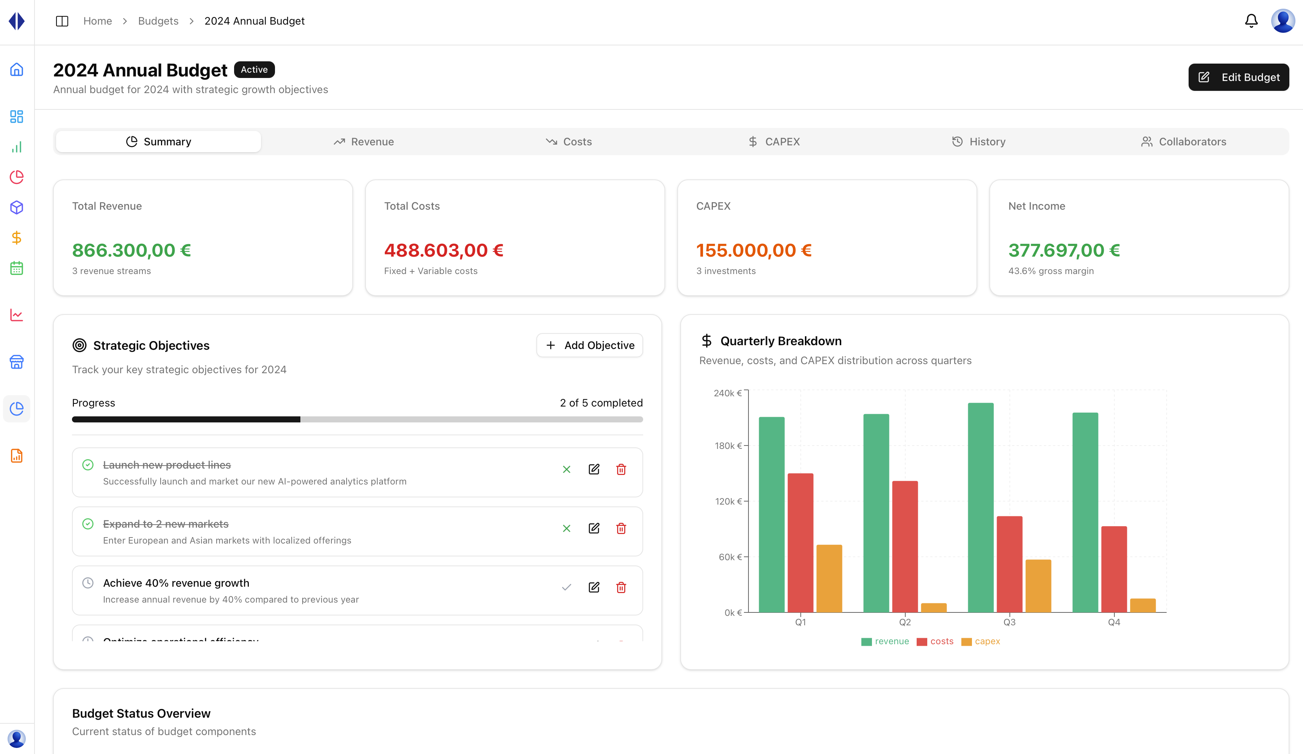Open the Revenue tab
click(x=364, y=142)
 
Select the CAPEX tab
click(x=774, y=142)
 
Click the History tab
click(x=978, y=142)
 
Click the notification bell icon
click(x=1251, y=21)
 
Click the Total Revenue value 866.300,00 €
click(x=131, y=250)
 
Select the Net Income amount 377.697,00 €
click(x=1064, y=250)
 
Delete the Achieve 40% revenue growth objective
click(x=621, y=587)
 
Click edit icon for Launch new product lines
click(x=594, y=469)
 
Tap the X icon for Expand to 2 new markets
click(x=566, y=528)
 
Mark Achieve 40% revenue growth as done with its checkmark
click(x=566, y=587)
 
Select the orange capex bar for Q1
click(x=829, y=579)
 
